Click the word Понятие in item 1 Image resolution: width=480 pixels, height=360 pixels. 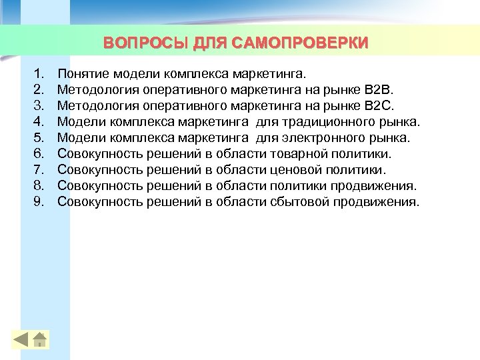83,71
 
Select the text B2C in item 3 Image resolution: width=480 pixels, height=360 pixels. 381,105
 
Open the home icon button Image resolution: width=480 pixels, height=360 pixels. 40,339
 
